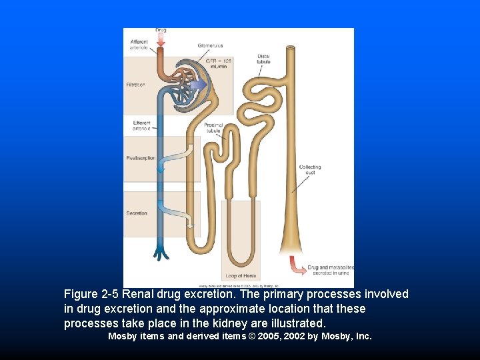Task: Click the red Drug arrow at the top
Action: pos(161,41)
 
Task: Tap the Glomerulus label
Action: pos(210,45)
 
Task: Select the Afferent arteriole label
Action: pos(140,45)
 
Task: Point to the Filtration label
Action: pos(136,85)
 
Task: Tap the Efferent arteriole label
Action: pos(141,125)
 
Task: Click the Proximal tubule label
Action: pos(213,128)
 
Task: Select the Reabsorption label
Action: pos(141,158)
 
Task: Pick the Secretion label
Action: pos(137,213)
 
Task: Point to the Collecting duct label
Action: pos(310,170)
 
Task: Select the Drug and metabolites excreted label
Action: pos(330,270)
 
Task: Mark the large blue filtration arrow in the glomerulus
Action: pos(197,85)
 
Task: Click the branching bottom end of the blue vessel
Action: pos(162,253)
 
